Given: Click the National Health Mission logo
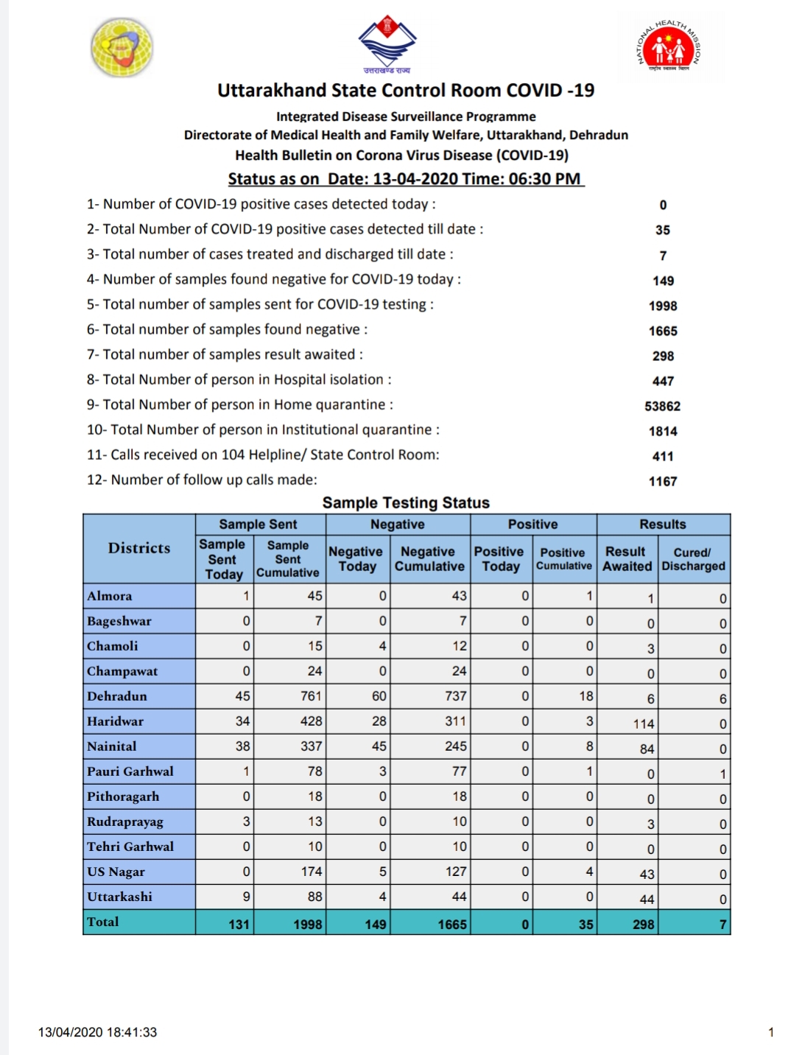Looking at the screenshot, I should [x=669, y=47].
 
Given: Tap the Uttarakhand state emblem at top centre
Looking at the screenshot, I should [x=387, y=43].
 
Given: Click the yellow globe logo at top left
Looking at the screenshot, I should [x=122, y=47].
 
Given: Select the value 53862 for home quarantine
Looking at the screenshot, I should [x=663, y=406].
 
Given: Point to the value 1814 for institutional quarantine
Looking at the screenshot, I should [x=663, y=431].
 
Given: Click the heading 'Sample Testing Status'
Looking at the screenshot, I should [x=406, y=502].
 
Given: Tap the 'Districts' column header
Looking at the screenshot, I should [x=139, y=548].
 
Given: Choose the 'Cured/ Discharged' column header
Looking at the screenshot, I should [x=693, y=559].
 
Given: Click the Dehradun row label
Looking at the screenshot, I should [x=117, y=696].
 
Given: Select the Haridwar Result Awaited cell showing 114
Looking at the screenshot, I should [x=643, y=723].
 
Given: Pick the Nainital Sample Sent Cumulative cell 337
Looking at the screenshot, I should [x=311, y=746].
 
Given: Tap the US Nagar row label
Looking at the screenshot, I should [x=116, y=872].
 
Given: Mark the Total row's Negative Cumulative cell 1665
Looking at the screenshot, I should [x=452, y=924].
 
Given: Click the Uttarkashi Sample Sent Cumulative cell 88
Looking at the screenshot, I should [x=314, y=897].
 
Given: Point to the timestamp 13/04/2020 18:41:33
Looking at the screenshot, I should [x=97, y=1032].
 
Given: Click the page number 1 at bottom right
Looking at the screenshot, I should [x=770, y=1032].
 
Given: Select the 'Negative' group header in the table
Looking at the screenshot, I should [x=397, y=525].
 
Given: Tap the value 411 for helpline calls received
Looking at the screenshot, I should [x=663, y=456].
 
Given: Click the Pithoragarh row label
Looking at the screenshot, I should [x=123, y=796].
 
